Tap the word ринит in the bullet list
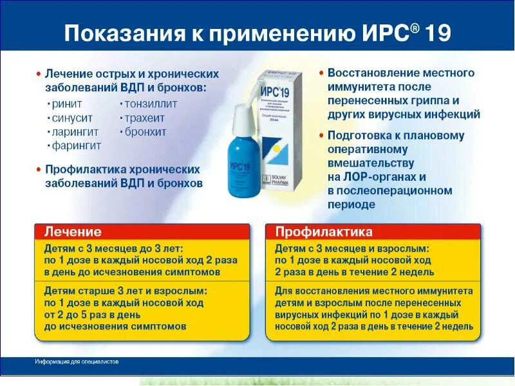click(68, 104)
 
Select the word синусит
click(72, 118)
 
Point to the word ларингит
click(75, 132)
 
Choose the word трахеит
click(145, 118)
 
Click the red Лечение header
click(73, 232)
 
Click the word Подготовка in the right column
click(359, 136)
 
